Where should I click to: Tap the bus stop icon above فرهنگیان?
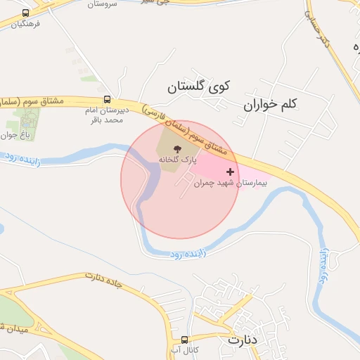coord(26,13)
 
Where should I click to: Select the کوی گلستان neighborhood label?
coord(199,87)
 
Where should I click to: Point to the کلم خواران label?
coord(271,104)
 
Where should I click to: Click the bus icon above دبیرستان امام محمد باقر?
coord(107,99)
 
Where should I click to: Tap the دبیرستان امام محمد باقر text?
coord(104,115)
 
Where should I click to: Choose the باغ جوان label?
coord(13,135)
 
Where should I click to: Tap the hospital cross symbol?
coord(230,172)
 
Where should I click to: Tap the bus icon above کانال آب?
coord(184,339)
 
